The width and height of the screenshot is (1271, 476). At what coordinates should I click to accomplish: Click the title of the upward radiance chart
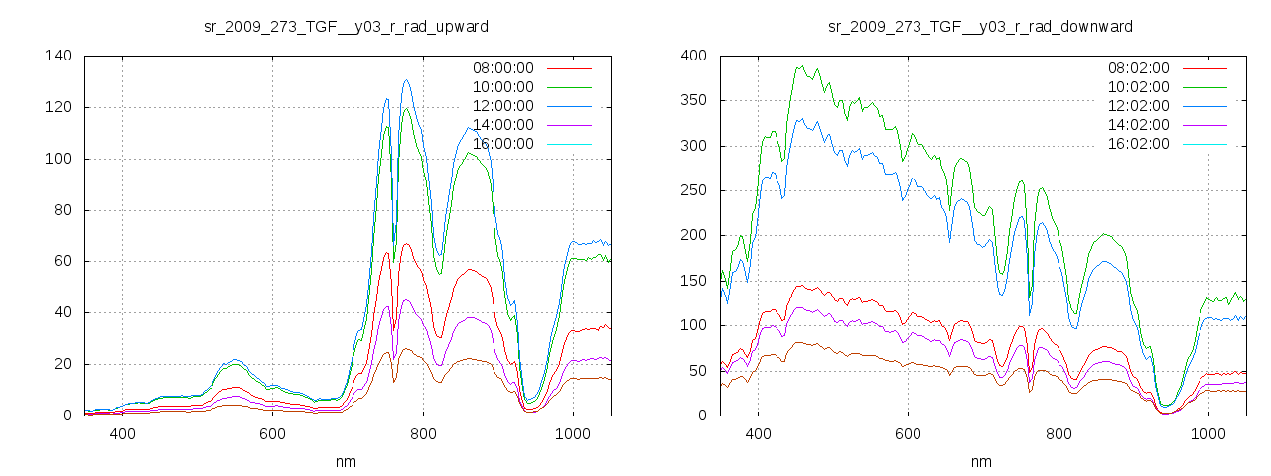(x=346, y=26)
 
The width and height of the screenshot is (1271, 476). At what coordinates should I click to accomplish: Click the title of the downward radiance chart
(x=981, y=26)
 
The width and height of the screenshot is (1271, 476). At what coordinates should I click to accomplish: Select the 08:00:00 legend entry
(x=502, y=68)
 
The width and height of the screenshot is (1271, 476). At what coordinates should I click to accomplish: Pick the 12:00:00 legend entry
(x=502, y=106)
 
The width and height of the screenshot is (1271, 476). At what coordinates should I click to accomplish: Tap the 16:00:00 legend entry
(x=502, y=144)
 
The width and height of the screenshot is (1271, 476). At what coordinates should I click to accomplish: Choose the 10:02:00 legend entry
(x=1138, y=87)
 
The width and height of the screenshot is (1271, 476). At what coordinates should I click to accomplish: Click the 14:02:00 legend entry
(x=1138, y=125)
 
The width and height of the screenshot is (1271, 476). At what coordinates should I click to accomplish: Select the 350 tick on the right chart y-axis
(x=693, y=100)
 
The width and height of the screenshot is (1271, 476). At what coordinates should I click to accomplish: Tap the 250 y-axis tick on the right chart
(x=693, y=190)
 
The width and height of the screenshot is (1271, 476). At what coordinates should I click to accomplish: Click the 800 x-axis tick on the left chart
(x=423, y=434)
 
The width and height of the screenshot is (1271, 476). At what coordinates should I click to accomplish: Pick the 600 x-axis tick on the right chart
(x=908, y=434)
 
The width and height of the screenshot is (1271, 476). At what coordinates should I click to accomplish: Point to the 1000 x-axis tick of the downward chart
(x=1208, y=434)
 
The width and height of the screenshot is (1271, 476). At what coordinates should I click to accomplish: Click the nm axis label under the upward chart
(x=346, y=461)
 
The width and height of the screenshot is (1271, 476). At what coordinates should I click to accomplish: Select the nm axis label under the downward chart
(x=981, y=461)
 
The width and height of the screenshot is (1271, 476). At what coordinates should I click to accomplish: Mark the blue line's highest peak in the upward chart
(x=406, y=80)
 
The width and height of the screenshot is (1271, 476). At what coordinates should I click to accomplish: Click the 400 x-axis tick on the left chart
(x=122, y=434)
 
